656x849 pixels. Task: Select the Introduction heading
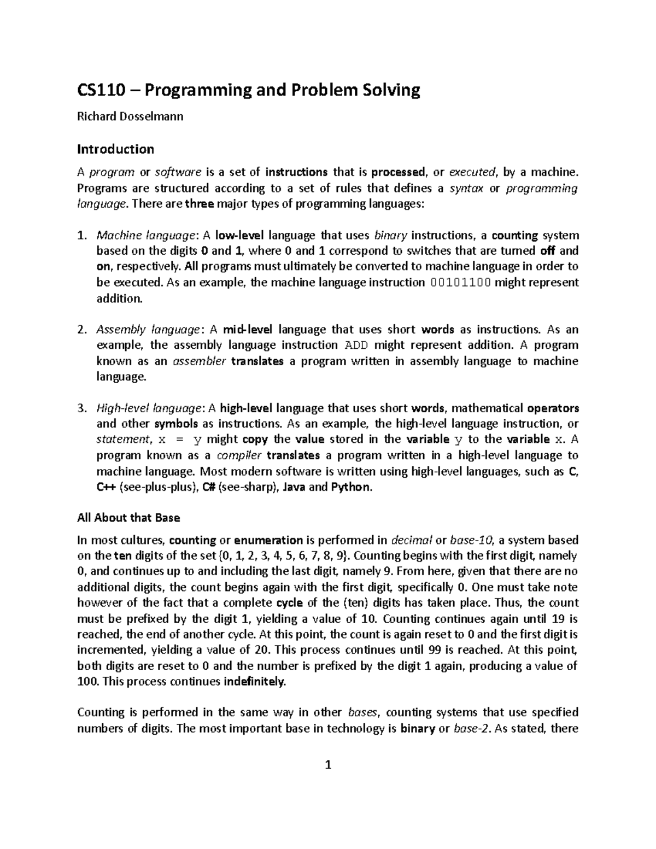pyautogui.click(x=115, y=149)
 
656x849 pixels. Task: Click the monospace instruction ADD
pyautogui.click(x=358, y=346)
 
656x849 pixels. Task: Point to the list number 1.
pyautogui.click(x=81, y=236)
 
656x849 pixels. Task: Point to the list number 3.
pyautogui.click(x=81, y=408)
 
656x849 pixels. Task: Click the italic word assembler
pyautogui.click(x=199, y=361)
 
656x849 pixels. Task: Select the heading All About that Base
pyautogui.click(x=128, y=518)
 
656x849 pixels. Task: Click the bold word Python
pyautogui.click(x=350, y=487)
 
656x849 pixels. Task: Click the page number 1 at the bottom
pyautogui.click(x=328, y=765)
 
